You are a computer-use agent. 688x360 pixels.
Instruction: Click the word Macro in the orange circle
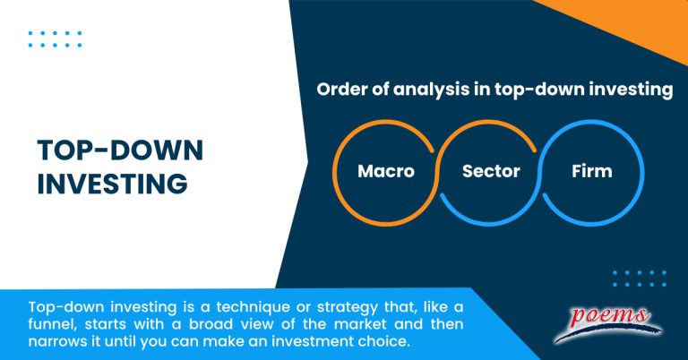[x=386, y=171]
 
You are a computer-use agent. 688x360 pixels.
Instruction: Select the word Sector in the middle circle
[x=491, y=171]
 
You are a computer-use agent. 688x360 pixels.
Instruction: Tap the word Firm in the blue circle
[x=591, y=171]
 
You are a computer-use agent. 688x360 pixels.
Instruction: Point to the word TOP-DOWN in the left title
[x=120, y=150]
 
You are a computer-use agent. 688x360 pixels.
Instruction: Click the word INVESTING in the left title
[x=112, y=184]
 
